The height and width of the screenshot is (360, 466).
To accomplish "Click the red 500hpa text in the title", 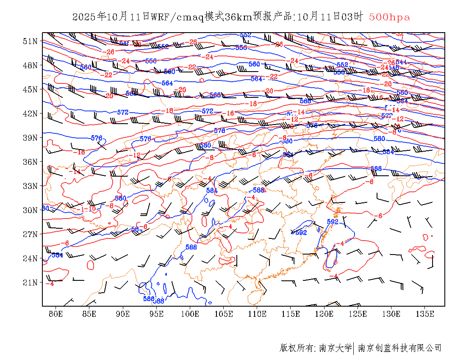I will (389, 17).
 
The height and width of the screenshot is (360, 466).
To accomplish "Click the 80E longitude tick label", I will (56, 314).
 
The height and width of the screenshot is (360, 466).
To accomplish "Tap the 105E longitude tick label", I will (224, 314).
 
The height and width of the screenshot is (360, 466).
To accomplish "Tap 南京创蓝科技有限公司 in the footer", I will (399, 348).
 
